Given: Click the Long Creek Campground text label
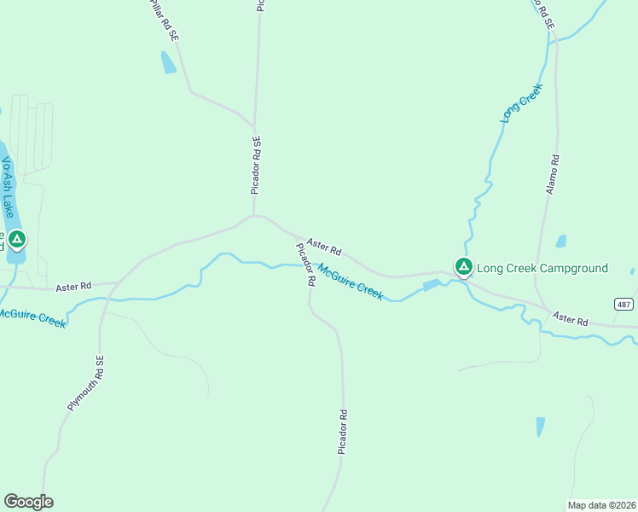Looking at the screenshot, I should [x=542, y=268].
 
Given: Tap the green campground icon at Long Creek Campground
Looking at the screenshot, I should [x=463, y=267].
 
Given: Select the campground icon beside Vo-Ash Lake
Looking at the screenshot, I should [x=17, y=240].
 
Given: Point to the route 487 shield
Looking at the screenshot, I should [x=624, y=305].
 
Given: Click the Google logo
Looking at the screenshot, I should [x=28, y=502].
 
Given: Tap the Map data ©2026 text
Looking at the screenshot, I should [x=602, y=505].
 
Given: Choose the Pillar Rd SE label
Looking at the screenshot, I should [x=163, y=20].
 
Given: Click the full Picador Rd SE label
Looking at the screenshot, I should [x=255, y=165].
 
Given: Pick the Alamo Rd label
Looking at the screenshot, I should [x=553, y=174].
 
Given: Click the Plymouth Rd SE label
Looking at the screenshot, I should [x=85, y=383].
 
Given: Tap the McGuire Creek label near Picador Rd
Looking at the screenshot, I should [x=351, y=280].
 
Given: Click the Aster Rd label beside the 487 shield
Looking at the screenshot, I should [x=570, y=319].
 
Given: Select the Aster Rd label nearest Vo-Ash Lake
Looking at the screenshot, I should [x=73, y=288].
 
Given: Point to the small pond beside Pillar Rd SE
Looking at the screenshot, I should [x=168, y=62].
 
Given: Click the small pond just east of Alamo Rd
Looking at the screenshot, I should [x=560, y=241].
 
